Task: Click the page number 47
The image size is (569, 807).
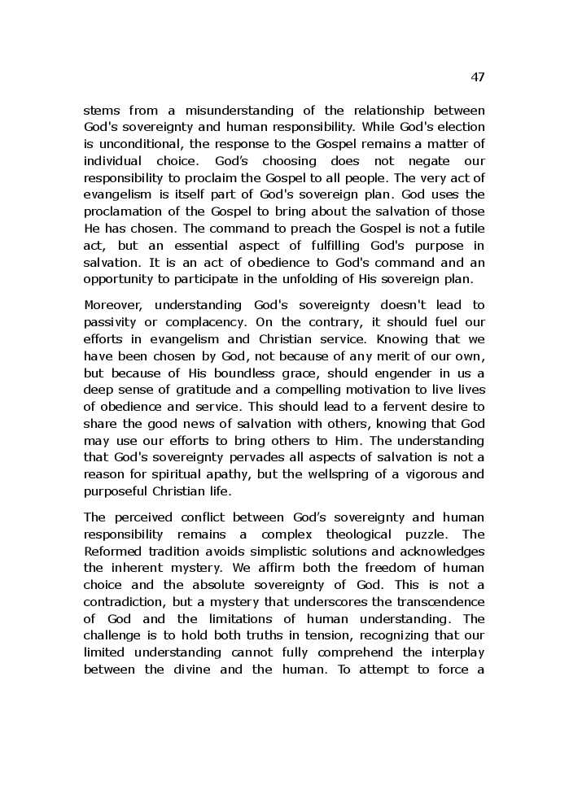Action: point(478,77)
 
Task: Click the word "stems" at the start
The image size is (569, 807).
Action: point(103,110)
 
